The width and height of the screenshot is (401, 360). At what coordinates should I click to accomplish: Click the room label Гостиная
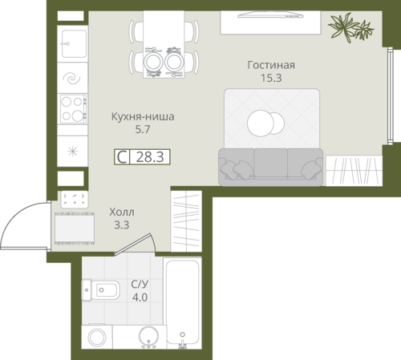point(271,65)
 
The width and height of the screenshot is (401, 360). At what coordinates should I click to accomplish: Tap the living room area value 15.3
point(271,78)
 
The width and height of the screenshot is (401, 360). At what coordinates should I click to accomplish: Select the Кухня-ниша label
point(143,117)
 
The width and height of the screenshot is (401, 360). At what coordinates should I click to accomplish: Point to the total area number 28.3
point(150,157)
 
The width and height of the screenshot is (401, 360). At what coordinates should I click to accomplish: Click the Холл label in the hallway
point(122,212)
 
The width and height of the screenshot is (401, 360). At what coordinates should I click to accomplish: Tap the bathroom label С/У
point(140,285)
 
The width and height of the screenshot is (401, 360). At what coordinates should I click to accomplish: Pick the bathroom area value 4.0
point(140,297)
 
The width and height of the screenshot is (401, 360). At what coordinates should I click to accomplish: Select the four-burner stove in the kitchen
point(73,108)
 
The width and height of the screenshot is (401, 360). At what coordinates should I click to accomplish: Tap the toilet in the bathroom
point(100,290)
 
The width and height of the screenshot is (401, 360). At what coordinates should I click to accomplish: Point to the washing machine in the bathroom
point(97,337)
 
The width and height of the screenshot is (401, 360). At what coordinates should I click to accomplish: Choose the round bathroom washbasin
point(148,337)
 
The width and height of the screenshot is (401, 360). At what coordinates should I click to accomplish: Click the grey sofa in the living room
point(271,167)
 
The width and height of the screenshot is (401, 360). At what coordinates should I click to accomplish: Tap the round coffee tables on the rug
point(265,123)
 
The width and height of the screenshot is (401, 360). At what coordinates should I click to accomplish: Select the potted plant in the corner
point(350,27)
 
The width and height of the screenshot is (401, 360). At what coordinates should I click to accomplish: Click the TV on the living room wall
point(270,15)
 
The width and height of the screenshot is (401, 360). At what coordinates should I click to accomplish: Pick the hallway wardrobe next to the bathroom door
point(186,221)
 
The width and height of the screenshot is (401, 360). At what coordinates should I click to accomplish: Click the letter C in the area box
point(122,157)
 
